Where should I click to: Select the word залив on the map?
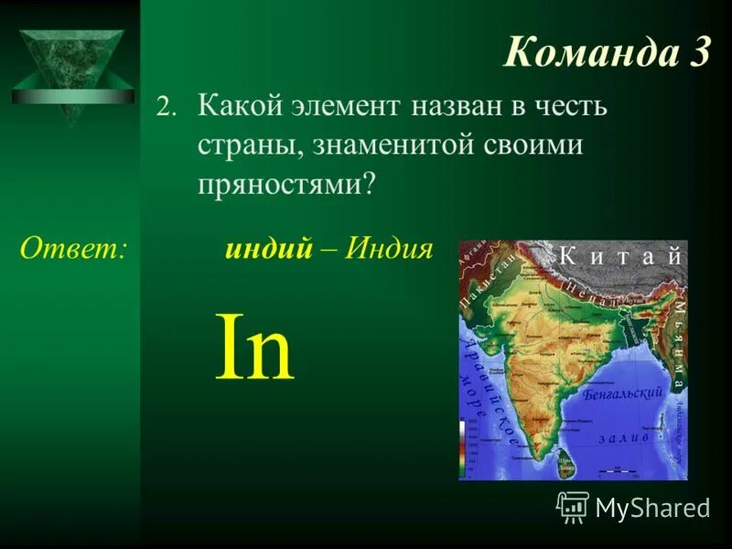pyautogui.click(x=624, y=437)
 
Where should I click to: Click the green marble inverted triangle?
pyautogui.click(x=72, y=63)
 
